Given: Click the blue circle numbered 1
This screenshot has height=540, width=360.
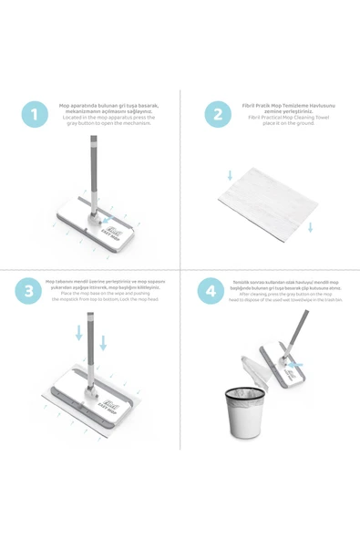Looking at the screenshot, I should (x=36, y=114).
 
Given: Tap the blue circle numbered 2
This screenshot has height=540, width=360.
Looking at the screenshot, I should (x=217, y=114).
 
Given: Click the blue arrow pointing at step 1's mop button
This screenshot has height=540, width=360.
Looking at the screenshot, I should (x=109, y=220).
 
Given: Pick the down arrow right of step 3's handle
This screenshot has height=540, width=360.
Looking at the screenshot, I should (x=103, y=342).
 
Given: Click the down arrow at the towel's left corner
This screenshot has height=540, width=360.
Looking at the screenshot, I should (x=230, y=174).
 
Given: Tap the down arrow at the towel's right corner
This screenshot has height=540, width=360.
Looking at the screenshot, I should (x=310, y=226).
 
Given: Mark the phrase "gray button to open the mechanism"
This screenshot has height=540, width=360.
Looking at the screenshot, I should (x=108, y=122).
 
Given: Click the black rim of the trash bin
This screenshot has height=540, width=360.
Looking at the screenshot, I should (x=244, y=393).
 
